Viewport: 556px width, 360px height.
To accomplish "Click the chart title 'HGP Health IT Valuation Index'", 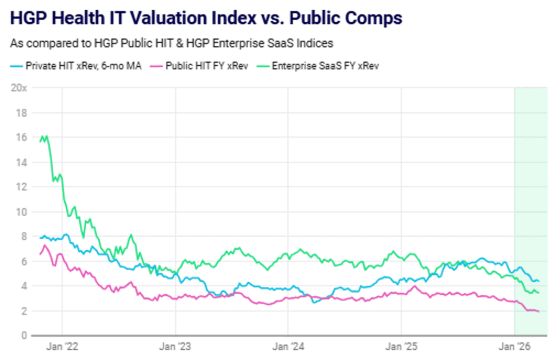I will (x=206, y=18).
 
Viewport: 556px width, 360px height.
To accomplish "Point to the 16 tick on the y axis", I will (x=21, y=138).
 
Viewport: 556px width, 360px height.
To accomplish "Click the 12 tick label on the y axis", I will (x=21, y=187).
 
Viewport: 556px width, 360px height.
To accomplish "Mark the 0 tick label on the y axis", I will (x=23, y=335).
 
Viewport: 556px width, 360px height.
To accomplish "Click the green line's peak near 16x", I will (x=42, y=136).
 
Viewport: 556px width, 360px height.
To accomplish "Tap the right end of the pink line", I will (x=538, y=311).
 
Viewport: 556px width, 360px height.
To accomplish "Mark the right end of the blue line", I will (x=538, y=281).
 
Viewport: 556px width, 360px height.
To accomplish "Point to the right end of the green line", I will (x=538, y=293).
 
